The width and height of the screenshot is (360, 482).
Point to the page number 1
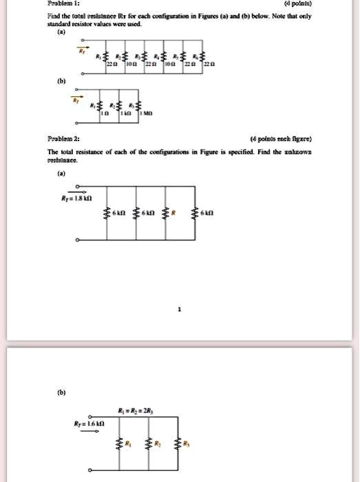pos(180,311)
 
